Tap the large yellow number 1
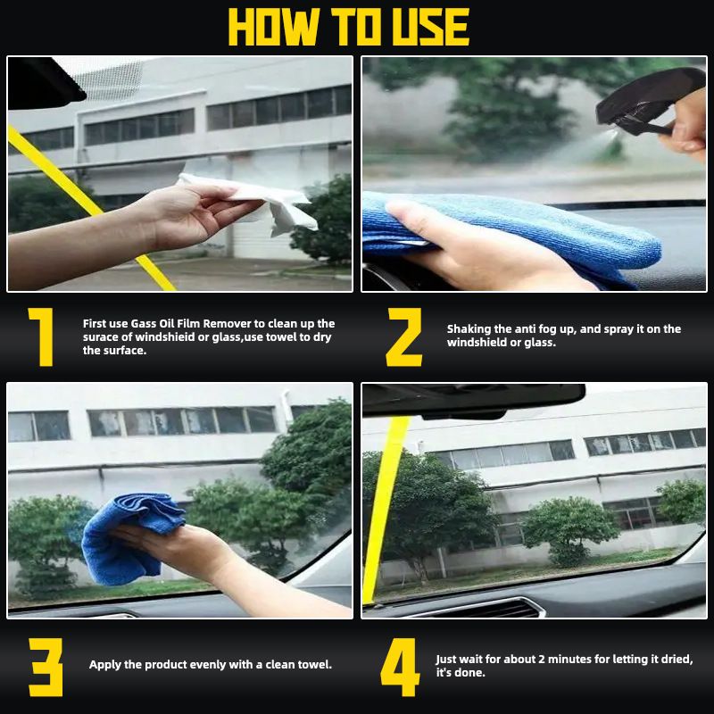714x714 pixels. pyautogui.click(x=39, y=336)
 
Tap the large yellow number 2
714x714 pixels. pyautogui.click(x=403, y=336)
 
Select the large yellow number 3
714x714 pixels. pyautogui.click(x=46, y=666)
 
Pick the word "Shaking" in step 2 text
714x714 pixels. pyautogui.click(x=468, y=329)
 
